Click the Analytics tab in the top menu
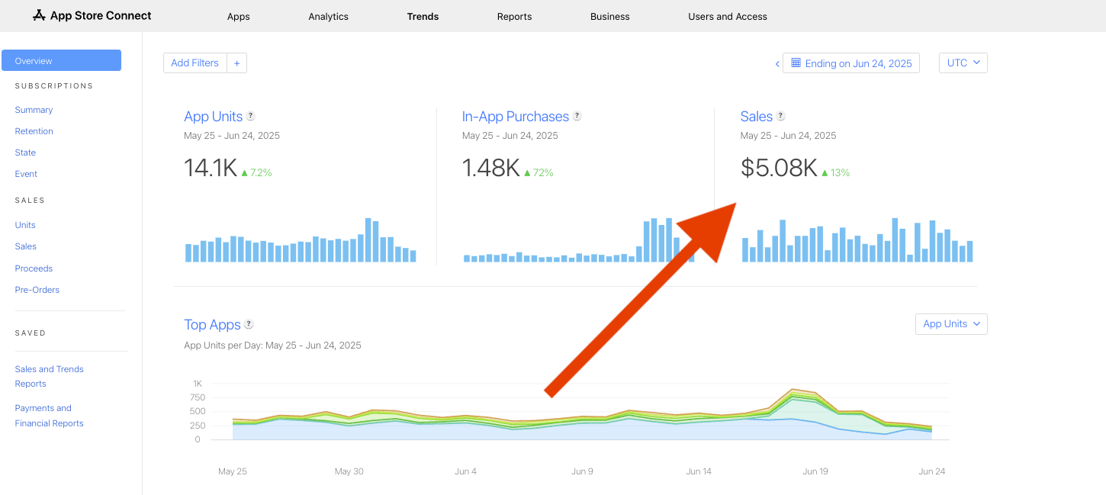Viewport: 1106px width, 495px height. pyautogui.click(x=328, y=16)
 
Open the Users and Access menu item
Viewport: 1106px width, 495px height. pyautogui.click(x=727, y=16)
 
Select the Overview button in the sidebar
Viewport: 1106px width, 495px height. pyautogui.click(x=61, y=60)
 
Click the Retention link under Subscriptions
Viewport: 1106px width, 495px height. pyautogui.click(x=34, y=131)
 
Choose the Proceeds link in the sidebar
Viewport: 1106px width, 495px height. pyautogui.click(x=34, y=268)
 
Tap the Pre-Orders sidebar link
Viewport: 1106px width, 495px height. pyautogui.click(x=37, y=290)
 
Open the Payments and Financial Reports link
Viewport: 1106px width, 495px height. pyautogui.click(x=49, y=416)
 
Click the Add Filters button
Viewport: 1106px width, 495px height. pyautogui.click(x=195, y=63)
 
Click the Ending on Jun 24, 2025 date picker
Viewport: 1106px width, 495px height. pyautogui.click(x=851, y=63)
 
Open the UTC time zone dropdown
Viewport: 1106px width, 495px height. pyautogui.click(x=963, y=63)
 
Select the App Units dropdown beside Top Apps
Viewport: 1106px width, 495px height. pyautogui.click(x=950, y=323)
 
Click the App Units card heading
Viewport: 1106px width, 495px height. pyautogui.click(x=213, y=117)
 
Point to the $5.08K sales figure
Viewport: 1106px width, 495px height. pyautogui.click(x=778, y=169)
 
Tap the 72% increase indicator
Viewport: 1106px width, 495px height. pyautogui.click(x=539, y=172)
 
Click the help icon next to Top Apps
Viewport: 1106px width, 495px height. pyautogui.click(x=249, y=324)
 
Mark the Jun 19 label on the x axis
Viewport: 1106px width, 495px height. pyautogui.click(x=815, y=471)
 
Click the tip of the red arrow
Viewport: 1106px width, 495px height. pyautogui.click(x=734, y=204)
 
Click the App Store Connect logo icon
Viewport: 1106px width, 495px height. pyautogui.click(x=39, y=15)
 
